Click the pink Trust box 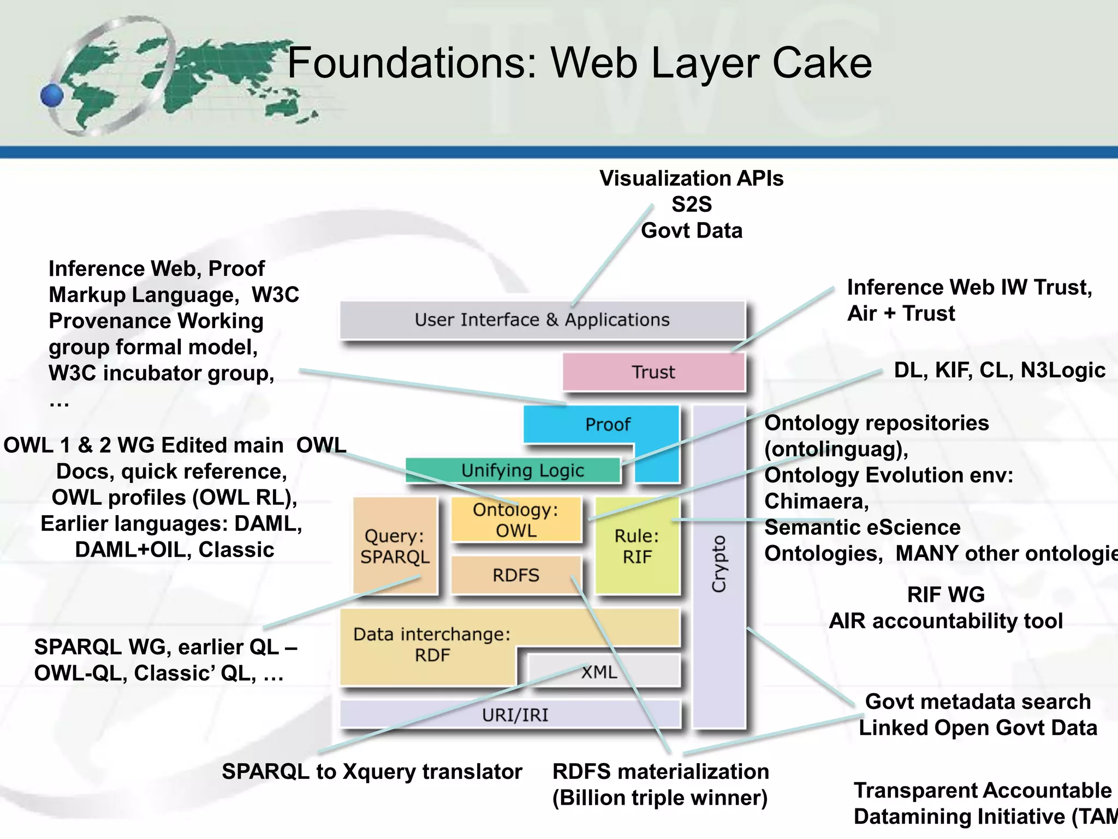pos(653,372)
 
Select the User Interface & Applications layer pos(542,320)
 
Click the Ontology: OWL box pos(516,520)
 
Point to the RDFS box pos(515,575)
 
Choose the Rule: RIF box pos(637,546)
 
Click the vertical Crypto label pos(719,564)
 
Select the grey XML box pos(599,671)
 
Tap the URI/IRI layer pos(515,714)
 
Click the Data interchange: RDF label pos(432,645)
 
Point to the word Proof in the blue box pos(607,424)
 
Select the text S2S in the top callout pos(691,204)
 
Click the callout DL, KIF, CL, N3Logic pos(999,370)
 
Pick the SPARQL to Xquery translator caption pos(372,771)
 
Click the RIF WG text pos(945,594)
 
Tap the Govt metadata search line pos(978,701)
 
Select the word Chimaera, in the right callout pos(816,501)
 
